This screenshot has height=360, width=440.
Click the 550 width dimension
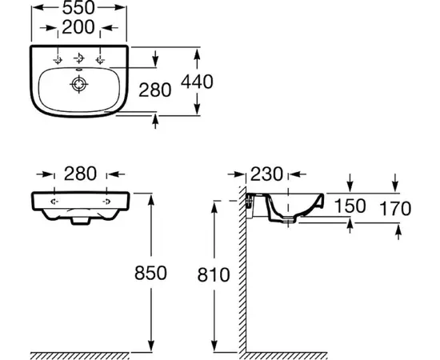78,7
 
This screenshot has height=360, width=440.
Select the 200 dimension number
78,27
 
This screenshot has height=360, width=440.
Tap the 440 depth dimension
197,82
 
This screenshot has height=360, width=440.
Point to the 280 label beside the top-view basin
155,90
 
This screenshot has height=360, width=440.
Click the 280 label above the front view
81,174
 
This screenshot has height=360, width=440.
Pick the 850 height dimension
150,273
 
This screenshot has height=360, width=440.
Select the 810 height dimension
214,274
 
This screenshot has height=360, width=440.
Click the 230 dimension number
266,174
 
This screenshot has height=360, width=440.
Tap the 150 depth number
350,206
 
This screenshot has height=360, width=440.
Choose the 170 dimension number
395,209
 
